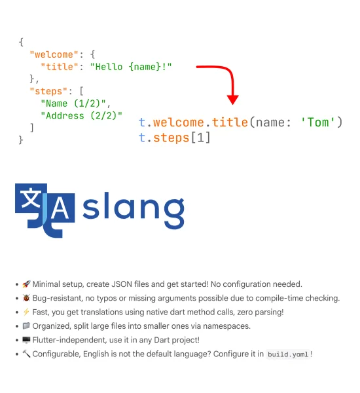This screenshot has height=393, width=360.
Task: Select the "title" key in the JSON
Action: tap(60, 67)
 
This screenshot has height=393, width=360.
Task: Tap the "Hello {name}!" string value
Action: tap(131, 67)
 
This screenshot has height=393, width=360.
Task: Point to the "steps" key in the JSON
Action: tap(48, 91)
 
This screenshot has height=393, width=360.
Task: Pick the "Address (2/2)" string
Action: tap(81, 115)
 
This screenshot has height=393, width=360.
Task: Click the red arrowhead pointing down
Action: tap(233, 100)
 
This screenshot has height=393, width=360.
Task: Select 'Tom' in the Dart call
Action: tap(318, 122)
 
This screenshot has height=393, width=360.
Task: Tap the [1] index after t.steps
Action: tap(201, 138)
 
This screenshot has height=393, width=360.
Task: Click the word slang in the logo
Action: tap(134, 210)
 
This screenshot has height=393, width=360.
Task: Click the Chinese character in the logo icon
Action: tap(31, 198)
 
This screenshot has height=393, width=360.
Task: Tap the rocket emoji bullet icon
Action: tap(26, 284)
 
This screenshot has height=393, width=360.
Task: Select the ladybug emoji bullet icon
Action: tap(26, 298)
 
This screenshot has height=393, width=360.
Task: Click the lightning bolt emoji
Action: tap(26, 312)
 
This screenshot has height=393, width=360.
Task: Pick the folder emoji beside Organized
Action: tap(26, 326)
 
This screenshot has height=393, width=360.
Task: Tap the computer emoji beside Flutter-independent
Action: tap(26, 340)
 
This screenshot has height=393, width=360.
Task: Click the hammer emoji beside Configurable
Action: tap(26, 354)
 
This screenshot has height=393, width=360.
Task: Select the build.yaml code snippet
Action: tap(288, 354)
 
